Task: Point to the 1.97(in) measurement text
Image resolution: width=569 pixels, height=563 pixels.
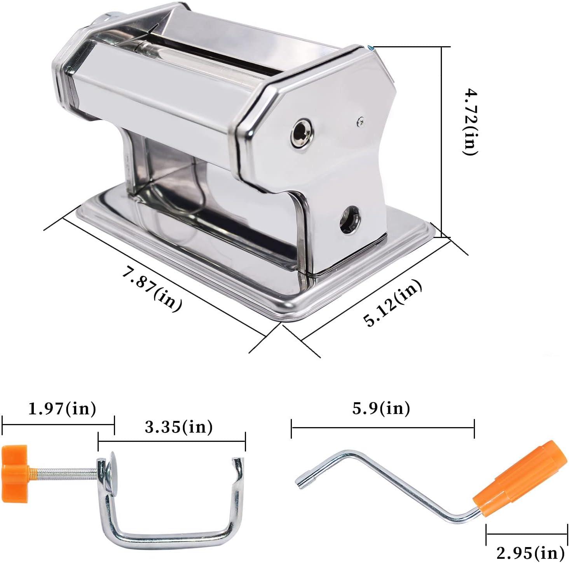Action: (x=62, y=409)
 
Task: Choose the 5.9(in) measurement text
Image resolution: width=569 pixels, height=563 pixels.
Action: (x=381, y=408)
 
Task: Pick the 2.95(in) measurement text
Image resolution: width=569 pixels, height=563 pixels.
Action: (x=530, y=552)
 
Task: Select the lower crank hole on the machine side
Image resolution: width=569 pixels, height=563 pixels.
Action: (x=349, y=220)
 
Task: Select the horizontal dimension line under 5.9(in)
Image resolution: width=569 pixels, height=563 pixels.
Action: (x=382, y=427)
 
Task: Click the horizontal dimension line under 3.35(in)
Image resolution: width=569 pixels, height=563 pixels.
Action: (x=172, y=441)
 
